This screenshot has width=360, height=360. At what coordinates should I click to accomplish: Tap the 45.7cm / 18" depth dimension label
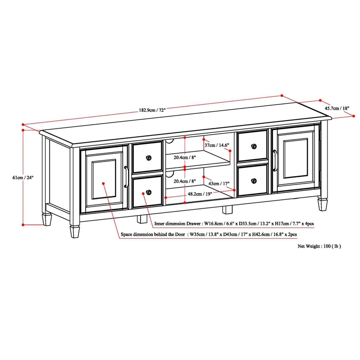pos(338,108)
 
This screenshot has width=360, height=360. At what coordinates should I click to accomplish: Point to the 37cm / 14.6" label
pos(217,145)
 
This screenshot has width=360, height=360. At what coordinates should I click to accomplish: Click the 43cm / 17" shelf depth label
pos(219,184)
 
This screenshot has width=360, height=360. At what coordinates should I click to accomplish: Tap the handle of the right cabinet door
pos(274,162)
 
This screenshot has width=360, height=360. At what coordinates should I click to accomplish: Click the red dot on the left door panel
pos(104,184)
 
